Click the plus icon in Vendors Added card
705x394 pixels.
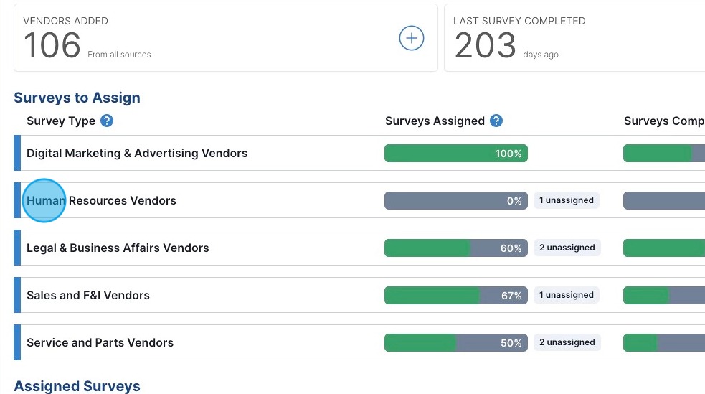(x=411, y=39)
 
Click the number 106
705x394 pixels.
(x=52, y=46)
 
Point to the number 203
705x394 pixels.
(x=485, y=46)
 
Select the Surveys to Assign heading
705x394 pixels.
(x=77, y=98)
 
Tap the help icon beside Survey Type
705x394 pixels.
(x=107, y=121)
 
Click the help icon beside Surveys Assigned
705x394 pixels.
(x=496, y=121)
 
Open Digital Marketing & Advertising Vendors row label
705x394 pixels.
(x=137, y=153)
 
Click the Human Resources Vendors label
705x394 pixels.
(x=101, y=200)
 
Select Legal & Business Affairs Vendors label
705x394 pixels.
(x=118, y=248)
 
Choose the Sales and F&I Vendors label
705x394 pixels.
(x=88, y=295)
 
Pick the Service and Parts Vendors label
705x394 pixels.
(x=100, y=342)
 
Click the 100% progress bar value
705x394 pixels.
(x=508, y=154)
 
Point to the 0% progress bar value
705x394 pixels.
(x=514, y=201)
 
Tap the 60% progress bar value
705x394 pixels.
(x=511, y=248)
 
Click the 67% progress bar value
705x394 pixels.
(x=511, y=296)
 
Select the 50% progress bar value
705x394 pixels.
(x=511, y=343)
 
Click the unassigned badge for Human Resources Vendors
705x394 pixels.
(x=567, y=200)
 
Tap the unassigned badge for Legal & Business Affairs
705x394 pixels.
(x=567, y=248)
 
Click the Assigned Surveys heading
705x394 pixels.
(x=77, y=386)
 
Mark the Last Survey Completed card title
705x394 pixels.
(x=519, y=21)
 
